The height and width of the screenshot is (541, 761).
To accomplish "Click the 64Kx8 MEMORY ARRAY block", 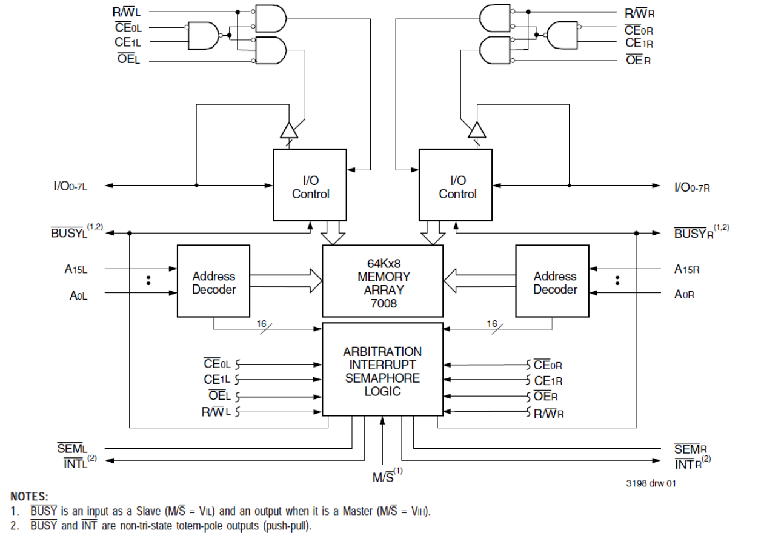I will (x=382, y=280).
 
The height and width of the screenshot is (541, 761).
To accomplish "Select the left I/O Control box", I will (x=310, y=184).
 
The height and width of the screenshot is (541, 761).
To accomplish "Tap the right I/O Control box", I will (x=456, y=184).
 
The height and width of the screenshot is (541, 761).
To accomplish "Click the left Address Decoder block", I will (x=213, y=280).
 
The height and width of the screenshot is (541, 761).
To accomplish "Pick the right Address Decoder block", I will (x=552, y=280).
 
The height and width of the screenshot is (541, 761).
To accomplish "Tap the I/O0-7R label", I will (x=691, y=187).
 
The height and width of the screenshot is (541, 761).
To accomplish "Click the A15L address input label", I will (x=76, y=269).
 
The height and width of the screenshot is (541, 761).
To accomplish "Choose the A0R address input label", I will (x=684, y=294).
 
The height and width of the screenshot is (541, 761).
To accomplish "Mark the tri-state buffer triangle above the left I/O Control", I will (x=288, y=131).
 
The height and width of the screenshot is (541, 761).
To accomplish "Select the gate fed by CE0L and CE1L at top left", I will (x=204, y=35).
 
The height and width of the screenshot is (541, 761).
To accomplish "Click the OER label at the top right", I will (x=637, y=60).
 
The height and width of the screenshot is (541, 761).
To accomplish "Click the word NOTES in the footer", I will (x=29, y=497).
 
